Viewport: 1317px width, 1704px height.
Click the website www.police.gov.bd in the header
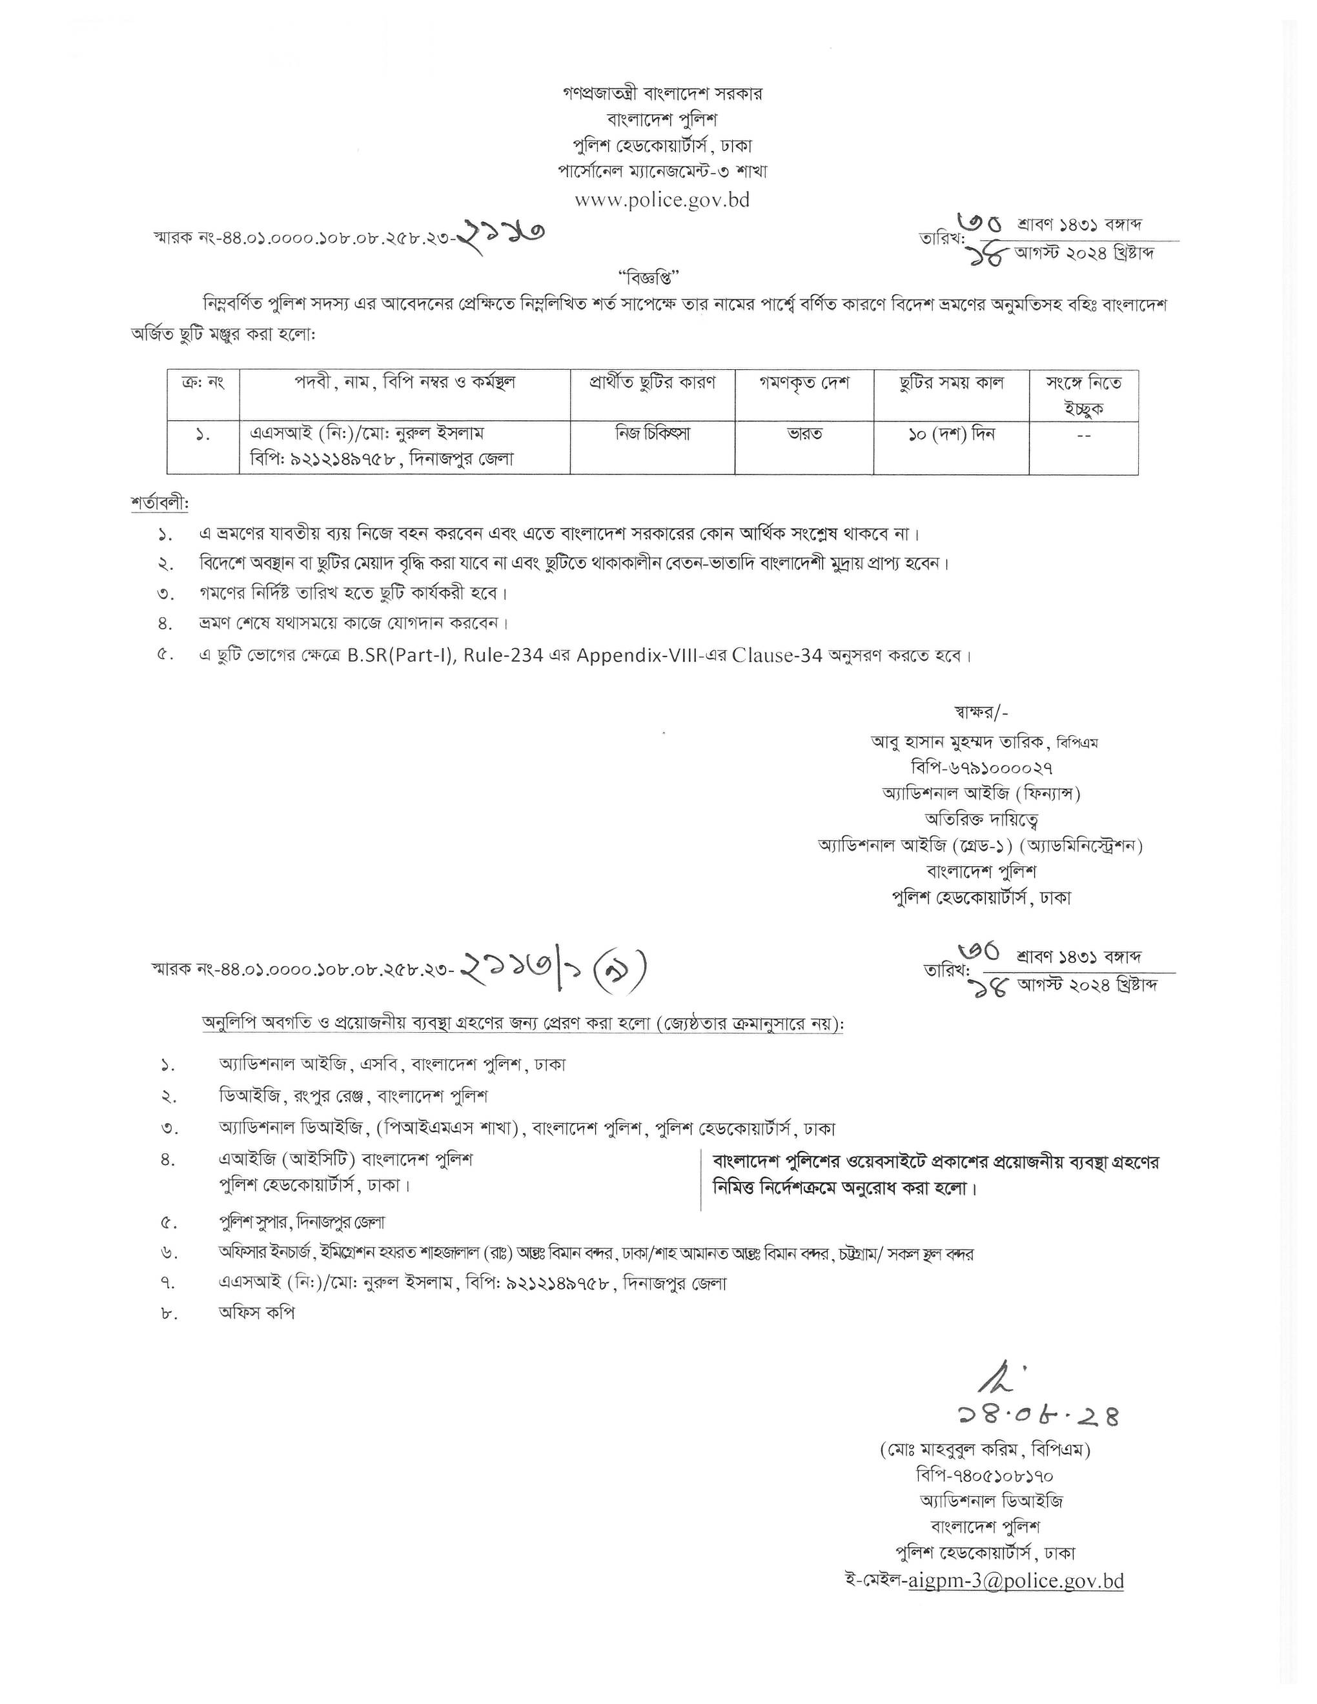pos(662,199)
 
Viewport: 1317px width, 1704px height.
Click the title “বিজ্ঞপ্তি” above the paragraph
pos(649,276)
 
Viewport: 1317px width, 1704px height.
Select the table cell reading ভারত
pos(804,433)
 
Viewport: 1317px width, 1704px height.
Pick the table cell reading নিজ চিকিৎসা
pos(651,433)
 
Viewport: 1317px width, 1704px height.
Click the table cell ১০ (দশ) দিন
pos(950,433)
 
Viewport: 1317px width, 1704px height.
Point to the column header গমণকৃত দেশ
pos(804,383)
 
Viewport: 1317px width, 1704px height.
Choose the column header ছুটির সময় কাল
pos(950,383)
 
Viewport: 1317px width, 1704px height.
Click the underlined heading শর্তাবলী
pos(159,503)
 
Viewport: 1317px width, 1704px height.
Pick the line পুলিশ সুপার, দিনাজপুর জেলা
pos(301,1222)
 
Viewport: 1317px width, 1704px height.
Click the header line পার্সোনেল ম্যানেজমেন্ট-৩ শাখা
pos(662,171)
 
